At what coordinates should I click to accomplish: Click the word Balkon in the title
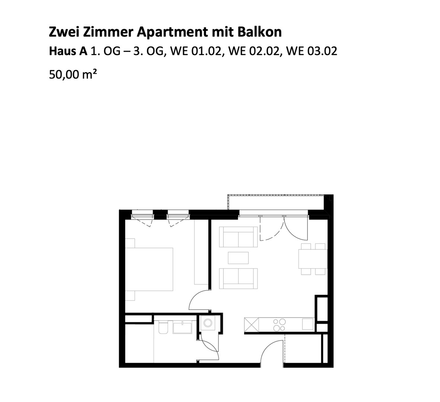260,32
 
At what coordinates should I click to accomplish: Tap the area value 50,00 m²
73,74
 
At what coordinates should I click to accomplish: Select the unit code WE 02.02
254,51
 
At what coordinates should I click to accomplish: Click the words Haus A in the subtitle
68,51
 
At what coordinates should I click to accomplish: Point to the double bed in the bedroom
149,269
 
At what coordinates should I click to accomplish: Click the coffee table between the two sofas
238,258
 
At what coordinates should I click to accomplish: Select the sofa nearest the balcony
238,237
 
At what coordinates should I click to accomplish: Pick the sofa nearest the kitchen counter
238,278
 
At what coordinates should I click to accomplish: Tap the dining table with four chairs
313,259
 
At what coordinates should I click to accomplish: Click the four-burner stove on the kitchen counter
279,325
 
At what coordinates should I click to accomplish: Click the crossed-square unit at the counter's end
251,325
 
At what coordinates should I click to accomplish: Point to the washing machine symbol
208,323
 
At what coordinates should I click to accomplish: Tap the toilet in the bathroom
163,327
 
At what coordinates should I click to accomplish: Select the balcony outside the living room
276,202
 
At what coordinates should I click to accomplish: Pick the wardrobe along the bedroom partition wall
201,252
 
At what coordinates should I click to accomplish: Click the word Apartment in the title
172,32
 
